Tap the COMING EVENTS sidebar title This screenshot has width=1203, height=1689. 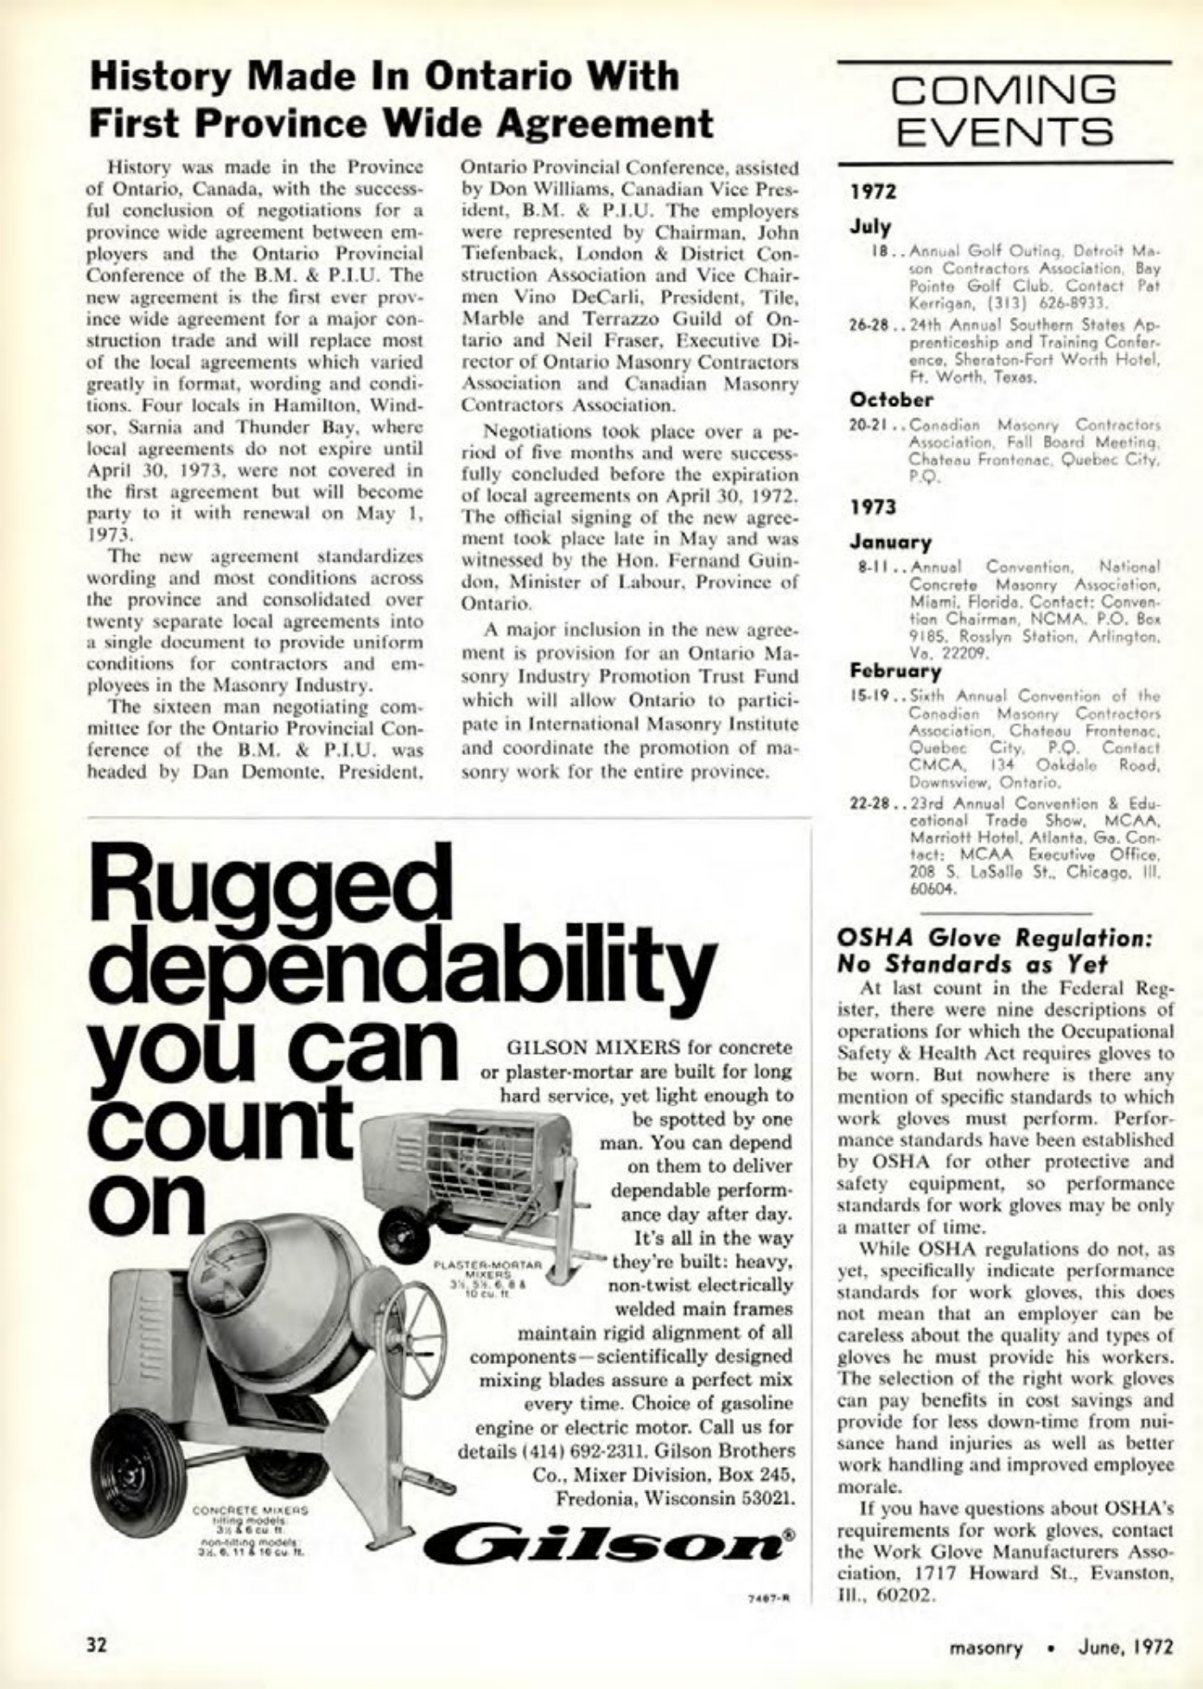1004,111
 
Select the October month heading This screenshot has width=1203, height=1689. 892,400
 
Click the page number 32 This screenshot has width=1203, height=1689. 95,1644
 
